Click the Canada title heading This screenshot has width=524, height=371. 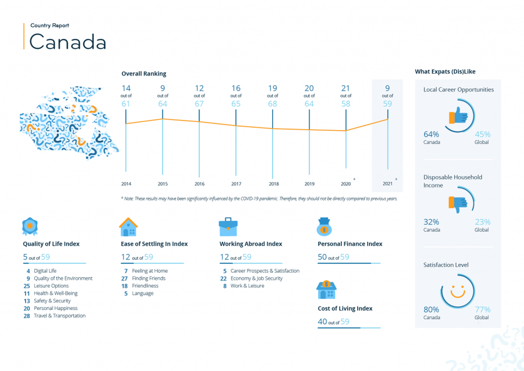[x=67, y=42]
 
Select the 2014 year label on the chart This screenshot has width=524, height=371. [x=126, y=184]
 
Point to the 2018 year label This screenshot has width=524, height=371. [x=274, y=184]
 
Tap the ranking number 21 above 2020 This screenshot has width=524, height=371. [x=345, y=88]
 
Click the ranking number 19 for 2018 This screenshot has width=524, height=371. [x=272, y=88]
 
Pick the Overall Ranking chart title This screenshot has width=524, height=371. [x=144, y=74]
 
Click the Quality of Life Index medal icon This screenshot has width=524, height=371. [x=30, y=226]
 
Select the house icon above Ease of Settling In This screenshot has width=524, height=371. [x=128, y=226]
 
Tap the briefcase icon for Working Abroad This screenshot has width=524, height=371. [x=228, y=226]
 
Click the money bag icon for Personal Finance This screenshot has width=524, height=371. [x=324, y=226]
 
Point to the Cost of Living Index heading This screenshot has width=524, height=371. [x=345, y=308]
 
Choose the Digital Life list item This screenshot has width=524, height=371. [x=45, y=271]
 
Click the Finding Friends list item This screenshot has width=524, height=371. [x=149, y=278]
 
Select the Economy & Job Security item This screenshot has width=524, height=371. [x=257, y=278]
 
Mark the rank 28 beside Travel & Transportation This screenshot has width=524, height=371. [x=27, y=316]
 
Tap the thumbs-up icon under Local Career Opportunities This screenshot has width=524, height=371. [x=458, y=116]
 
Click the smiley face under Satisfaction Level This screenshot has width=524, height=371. [x=458, y=291]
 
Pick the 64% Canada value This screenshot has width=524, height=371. [x=431, y=134]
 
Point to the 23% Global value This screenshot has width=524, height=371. [x=482, y=222]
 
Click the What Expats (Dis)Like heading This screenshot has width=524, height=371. [x=445, y=72]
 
